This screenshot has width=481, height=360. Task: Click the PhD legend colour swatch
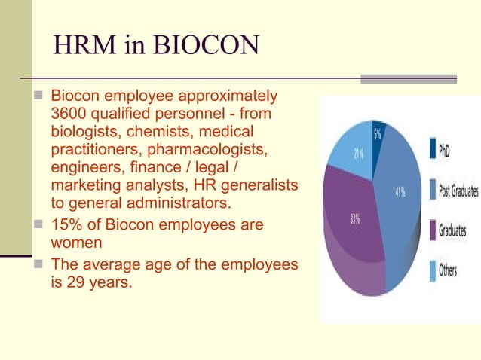pos(433,150)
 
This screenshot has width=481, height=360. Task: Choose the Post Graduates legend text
pos(458,190)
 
